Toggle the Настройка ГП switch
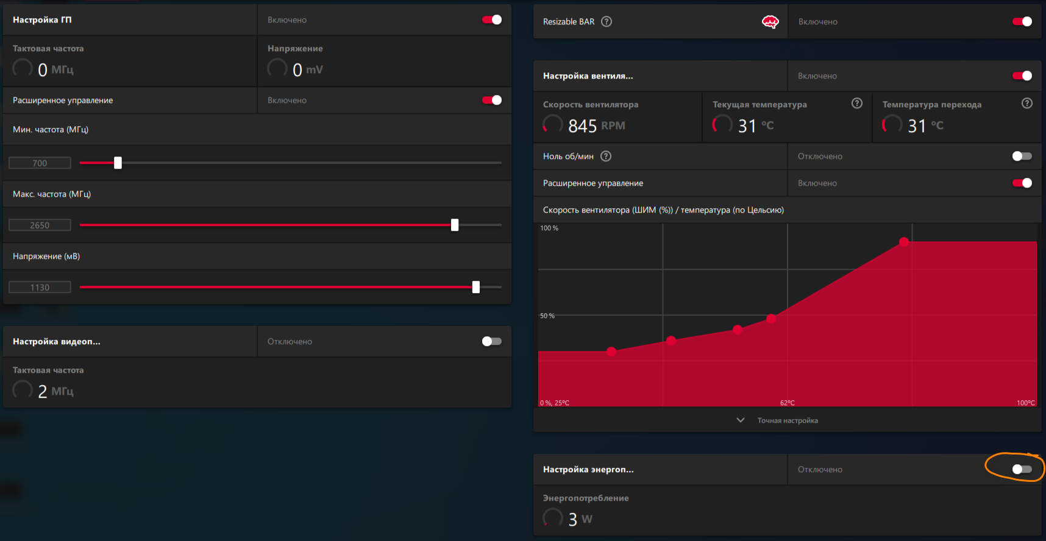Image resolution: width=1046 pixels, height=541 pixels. [492, 20]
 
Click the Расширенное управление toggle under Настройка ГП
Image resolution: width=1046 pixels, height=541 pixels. [492, 101]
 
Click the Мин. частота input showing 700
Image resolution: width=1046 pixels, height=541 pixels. [40, 163]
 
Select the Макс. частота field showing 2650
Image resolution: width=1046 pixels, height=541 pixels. [40, 225]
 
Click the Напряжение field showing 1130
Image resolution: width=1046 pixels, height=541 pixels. [40, 288]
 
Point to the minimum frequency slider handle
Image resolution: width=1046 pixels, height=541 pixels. [118, 163]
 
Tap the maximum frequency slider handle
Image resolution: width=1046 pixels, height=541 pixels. [455, 225]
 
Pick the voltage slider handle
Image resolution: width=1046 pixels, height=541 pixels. [476, 287]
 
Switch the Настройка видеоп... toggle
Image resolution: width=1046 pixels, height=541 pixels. [492, 342]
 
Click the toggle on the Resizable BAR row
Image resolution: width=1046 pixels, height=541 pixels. [1022, 22]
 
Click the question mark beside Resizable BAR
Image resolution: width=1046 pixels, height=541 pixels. [607, 22]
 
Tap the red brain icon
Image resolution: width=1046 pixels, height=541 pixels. [770, 22]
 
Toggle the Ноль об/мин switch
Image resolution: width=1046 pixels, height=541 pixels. [1022, 157]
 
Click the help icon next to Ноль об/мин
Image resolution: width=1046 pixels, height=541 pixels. [606, 157]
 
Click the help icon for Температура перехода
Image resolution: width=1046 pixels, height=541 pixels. [1027, 104]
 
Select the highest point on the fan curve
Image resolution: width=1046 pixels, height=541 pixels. [904, 242]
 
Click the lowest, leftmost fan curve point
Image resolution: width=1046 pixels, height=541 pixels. [611, 352]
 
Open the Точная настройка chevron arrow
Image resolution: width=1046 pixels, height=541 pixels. [741, 420]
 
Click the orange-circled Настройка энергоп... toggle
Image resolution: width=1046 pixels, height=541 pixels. [1022, 469]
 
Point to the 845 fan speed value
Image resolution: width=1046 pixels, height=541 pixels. [582, 126]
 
